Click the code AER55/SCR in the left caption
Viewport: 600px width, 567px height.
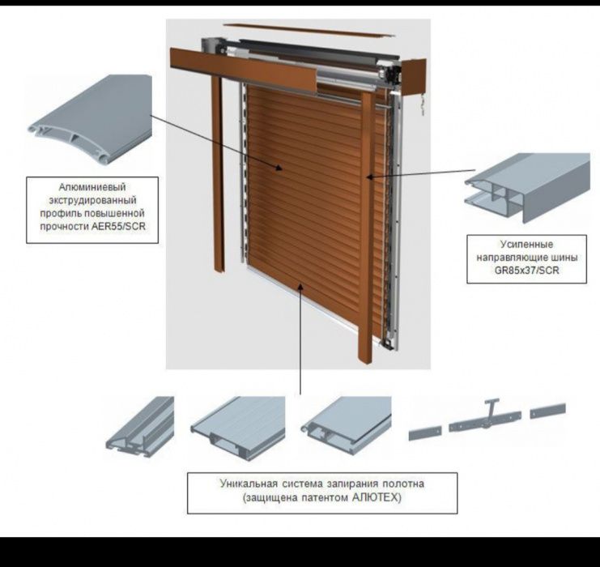pos(118,226)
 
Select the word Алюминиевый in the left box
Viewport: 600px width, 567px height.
pos(92,187)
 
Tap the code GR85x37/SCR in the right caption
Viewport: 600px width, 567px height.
pos(526,271)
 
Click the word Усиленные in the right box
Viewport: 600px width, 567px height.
pos(526,245)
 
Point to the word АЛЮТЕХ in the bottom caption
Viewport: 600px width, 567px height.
pos(376,497)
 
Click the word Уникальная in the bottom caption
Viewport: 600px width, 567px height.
pos(249,484)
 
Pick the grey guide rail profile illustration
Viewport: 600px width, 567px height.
pos(528,188)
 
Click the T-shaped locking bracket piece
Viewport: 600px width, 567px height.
pos(484,417)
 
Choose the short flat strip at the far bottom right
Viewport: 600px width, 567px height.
pos(548,411)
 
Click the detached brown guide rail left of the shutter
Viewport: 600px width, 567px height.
pos(219,174)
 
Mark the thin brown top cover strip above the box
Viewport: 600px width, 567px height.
pos(309,30)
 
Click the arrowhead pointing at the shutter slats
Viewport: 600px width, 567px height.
pos(279,168)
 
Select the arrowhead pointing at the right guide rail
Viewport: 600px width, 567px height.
pos(370,177)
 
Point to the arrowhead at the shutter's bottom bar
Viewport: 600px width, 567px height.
pos(300,287)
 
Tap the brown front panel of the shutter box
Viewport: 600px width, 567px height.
pos(244,70)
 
